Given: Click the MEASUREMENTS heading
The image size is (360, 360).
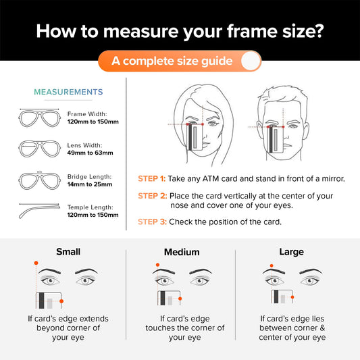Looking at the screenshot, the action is click(68, 92).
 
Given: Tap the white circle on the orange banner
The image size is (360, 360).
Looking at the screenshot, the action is click(251, 61).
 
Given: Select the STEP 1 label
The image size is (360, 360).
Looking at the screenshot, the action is click(151, 178).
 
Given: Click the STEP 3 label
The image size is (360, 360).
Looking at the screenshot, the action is click(152, 222).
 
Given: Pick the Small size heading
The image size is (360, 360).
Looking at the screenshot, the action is click(68, 252).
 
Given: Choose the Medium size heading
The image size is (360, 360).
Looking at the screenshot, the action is click(182, 252).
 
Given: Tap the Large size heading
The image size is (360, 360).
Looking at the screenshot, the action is click(292, 252).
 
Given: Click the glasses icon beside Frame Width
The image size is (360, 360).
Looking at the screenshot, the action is click(39, 118).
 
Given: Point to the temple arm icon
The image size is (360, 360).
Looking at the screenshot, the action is click(39, 211).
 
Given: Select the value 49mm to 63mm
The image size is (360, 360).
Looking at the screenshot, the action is click(90, 153).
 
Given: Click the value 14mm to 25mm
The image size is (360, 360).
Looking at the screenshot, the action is click(90, 184).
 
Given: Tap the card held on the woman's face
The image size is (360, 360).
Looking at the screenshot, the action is click(195, 137).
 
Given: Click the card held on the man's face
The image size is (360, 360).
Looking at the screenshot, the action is click(275, 140).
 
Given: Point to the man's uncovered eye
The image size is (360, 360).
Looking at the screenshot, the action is click(293, 126).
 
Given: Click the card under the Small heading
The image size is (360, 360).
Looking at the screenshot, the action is click(49, 301).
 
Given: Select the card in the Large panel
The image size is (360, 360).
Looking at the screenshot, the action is click(282, 297).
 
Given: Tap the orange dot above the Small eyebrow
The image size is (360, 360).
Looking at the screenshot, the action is click(36, 263).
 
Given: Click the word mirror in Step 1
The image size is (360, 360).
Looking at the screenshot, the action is click(333, 178).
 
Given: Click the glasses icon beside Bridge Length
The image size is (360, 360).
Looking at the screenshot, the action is click(39, 180).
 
